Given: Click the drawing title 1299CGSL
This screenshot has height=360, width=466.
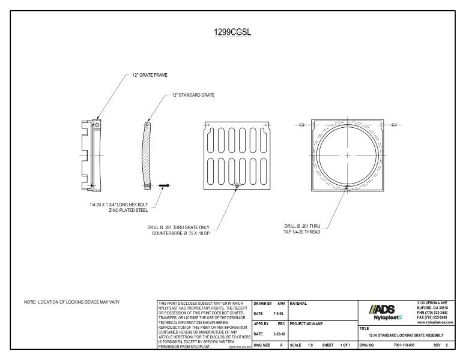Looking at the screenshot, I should (233, 32).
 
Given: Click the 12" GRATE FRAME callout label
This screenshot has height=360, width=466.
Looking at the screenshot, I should (150, 75).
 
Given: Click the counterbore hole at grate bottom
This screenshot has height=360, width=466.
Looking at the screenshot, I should (238, 185).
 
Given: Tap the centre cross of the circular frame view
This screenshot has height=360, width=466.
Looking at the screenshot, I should (348, 155).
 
